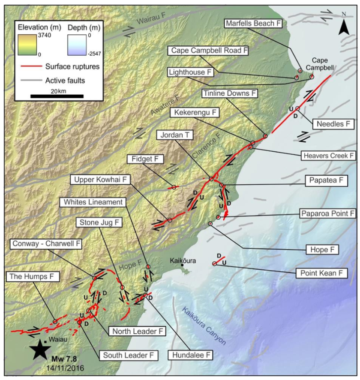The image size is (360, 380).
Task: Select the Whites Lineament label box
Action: click(x=95, y=201)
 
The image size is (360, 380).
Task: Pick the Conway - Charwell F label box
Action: click(x=46, y=244)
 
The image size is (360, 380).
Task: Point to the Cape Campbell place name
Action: click(x=323, y=64)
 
